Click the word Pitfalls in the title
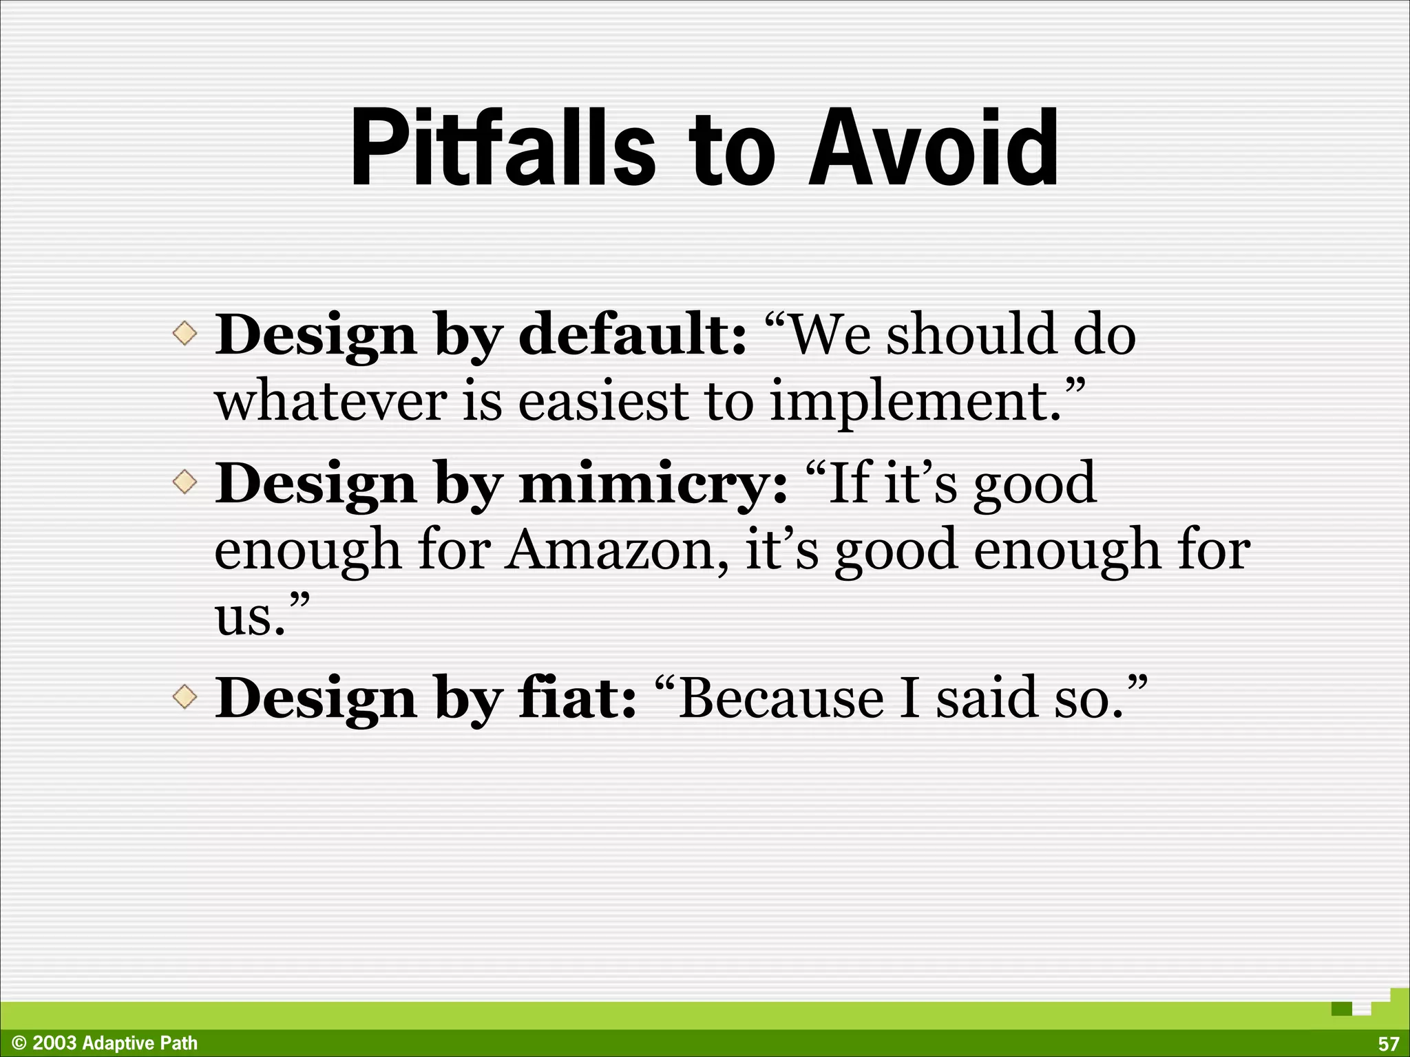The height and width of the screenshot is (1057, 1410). [x=503, y=148]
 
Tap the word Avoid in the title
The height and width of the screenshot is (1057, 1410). [x=933, y=148]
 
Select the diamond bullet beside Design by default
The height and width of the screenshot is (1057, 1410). [x=185, y=334]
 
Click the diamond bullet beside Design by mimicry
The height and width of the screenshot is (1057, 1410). [x=185, y=482]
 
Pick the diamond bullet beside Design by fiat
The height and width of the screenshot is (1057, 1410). [x=185, y=698]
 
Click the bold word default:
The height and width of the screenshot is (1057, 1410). [x=632, y=334]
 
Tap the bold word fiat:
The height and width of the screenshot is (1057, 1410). [x=577, y=698]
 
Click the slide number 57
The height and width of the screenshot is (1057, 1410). [x=1388, y=1044]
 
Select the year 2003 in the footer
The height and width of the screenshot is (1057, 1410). [x=54, y=1043]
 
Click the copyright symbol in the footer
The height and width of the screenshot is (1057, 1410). [x=19, y=1043]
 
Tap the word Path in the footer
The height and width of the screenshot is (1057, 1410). [x=179, y=1043]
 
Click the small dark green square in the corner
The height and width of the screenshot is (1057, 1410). [x=1341, y=1009]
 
